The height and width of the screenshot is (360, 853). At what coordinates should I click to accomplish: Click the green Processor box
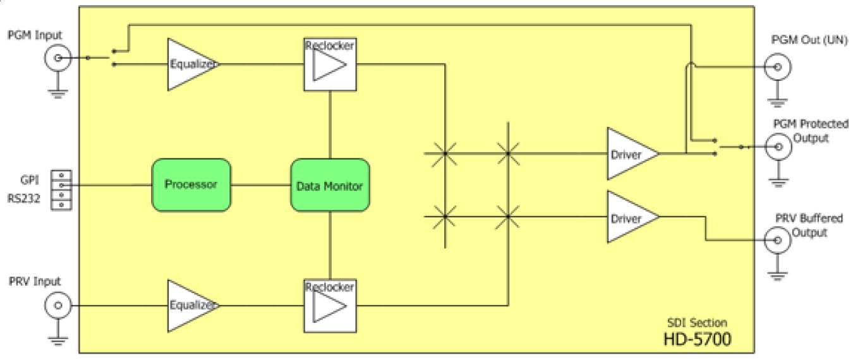191,185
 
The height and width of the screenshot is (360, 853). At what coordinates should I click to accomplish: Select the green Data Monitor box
329,186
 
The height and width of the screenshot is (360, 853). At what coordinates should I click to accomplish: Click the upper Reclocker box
330,64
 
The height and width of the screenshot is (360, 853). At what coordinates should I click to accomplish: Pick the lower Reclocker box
330,306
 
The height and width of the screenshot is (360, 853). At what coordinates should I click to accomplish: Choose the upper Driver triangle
629,153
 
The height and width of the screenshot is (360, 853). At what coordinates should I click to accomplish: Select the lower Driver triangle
629,217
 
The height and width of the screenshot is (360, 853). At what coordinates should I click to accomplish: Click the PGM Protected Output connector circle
777,147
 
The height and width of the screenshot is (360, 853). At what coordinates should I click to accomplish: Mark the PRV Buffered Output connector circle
777,240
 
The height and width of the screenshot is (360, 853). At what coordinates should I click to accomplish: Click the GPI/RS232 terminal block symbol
61,189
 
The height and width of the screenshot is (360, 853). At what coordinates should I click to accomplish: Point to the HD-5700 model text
697,339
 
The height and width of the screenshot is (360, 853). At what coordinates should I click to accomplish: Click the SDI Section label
698,323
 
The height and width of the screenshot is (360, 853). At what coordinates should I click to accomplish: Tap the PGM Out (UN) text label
801,41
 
